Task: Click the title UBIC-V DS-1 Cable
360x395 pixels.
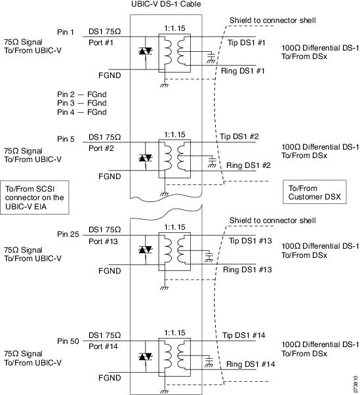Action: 166,4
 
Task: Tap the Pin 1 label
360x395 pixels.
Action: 66,32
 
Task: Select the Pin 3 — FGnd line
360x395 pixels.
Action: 82,103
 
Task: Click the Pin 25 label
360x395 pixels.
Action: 68,234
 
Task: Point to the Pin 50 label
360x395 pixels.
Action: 68,341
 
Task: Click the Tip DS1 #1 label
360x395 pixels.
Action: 247,43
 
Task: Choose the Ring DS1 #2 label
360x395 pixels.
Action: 249,165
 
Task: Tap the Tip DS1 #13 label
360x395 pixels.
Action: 250,241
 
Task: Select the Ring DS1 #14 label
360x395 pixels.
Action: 250,364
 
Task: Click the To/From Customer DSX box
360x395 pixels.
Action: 315,192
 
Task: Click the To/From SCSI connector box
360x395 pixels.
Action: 35,197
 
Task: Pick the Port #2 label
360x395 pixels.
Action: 101,148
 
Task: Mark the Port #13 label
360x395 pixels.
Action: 103,241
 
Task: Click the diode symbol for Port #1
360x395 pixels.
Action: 146,52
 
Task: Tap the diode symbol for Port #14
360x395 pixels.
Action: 146,356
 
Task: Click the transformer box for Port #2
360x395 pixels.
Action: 174,159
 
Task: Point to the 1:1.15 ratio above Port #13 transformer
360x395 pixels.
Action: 174,227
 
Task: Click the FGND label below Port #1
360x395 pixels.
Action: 110,75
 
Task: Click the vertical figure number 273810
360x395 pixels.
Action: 355,384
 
